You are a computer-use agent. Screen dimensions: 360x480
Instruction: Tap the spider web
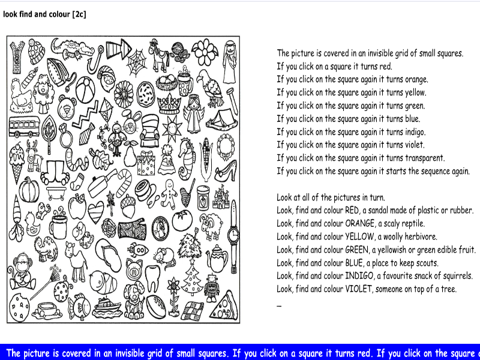coord(137,60)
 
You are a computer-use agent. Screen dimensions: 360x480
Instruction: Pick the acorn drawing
coord(127,207)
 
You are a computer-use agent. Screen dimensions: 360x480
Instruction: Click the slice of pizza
coord(223,305)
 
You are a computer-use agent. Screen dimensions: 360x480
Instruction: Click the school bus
coord(24,127)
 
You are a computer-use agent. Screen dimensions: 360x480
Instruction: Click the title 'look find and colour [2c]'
coord(45,14)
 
